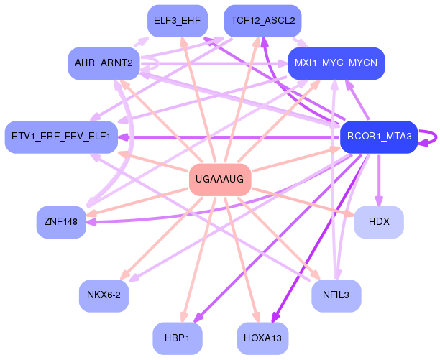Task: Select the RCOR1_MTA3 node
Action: (378, 137)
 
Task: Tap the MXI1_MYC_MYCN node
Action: (336, 63)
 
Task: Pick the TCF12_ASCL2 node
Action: (263, 21)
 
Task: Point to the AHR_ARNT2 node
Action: (104, 63)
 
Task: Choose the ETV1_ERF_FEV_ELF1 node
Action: (61, 137)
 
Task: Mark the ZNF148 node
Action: (61, 222)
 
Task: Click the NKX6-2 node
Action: (104, 295)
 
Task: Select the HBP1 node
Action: (178, 338)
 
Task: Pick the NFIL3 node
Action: (336, 295)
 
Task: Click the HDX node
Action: (378, 222)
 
